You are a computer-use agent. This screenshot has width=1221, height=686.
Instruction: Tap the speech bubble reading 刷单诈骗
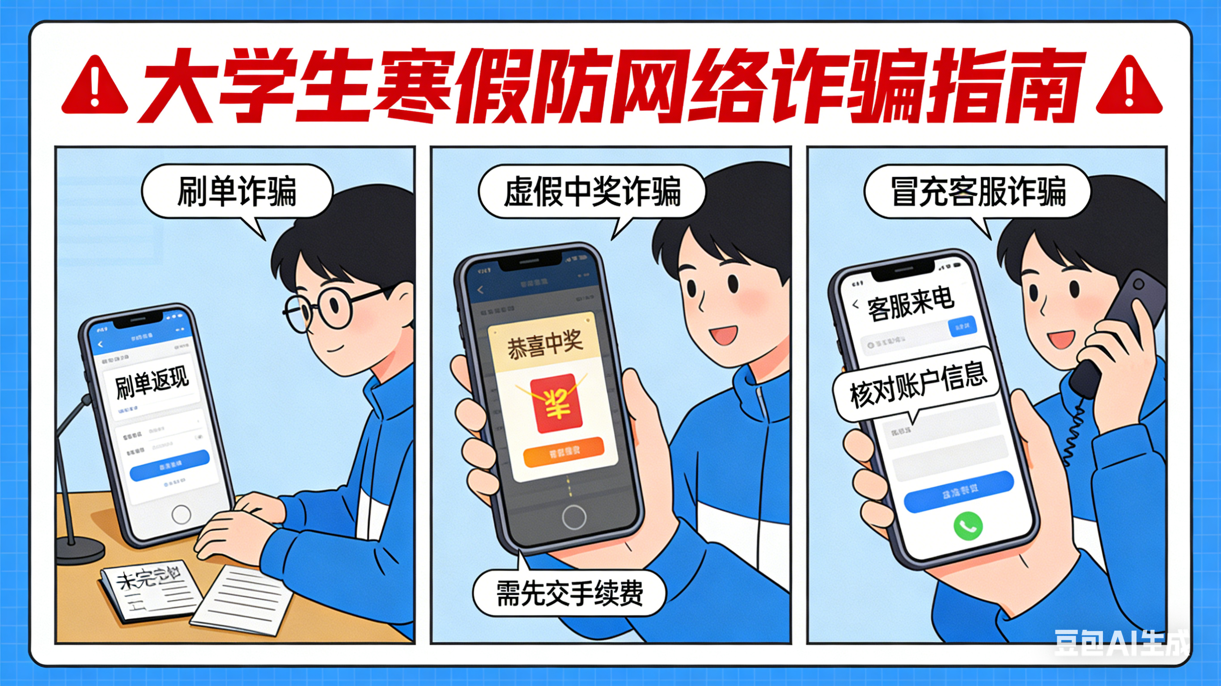[x=237, y=191]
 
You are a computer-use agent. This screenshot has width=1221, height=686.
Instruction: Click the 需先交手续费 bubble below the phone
[x=569, y=593]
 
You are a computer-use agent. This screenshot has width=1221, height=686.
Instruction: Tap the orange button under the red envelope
[x=564, y=452]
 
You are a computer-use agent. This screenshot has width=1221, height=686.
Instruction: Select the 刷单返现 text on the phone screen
[x=152, y=382]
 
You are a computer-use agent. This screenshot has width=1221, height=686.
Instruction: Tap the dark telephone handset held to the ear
[x=1123, y=332]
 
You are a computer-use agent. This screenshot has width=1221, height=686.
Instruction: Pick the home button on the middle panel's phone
[x=574, y=517]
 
